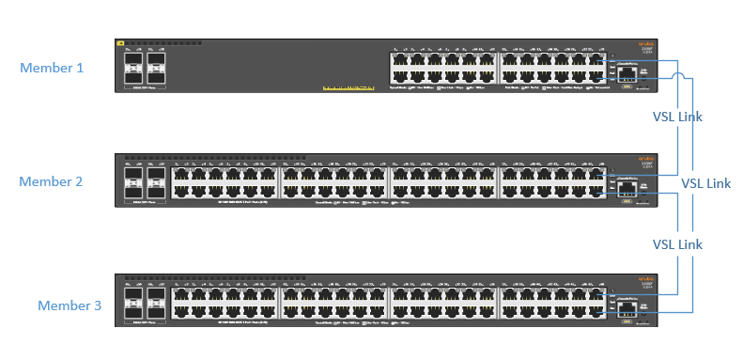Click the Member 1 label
pos(52,68)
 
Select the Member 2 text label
pos(52,181)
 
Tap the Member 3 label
pos(70,305)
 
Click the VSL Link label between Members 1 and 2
pos(677,117)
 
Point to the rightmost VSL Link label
pos(705,183)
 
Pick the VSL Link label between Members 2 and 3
pos(677,244)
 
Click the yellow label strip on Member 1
pos(348,89)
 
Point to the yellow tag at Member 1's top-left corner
pos(120,43)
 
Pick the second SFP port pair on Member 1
pos(155,66)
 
